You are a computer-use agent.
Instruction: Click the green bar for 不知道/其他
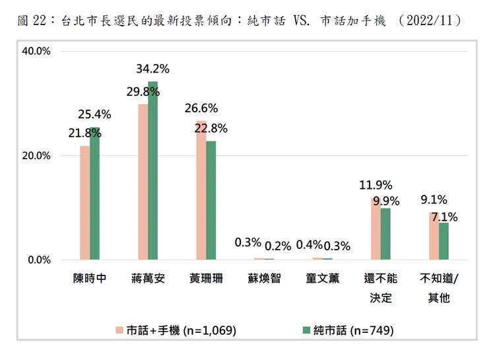coord(444,241)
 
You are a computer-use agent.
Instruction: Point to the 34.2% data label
coord(152,68)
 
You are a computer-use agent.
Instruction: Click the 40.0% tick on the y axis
coord(37,52)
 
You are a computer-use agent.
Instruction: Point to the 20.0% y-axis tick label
coord(37,156)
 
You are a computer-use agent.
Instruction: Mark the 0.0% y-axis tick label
coord(40,260)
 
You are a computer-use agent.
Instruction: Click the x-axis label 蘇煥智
coord(263,278)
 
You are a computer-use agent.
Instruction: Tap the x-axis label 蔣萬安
coord(147,278)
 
